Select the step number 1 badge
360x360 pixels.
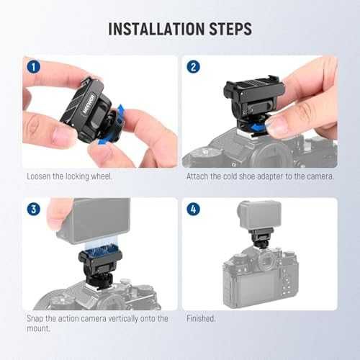pos(32,66)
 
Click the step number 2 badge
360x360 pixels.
pos(193,66)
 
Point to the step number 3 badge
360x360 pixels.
pos(32,208)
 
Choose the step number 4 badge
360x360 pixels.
pos(193,208)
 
